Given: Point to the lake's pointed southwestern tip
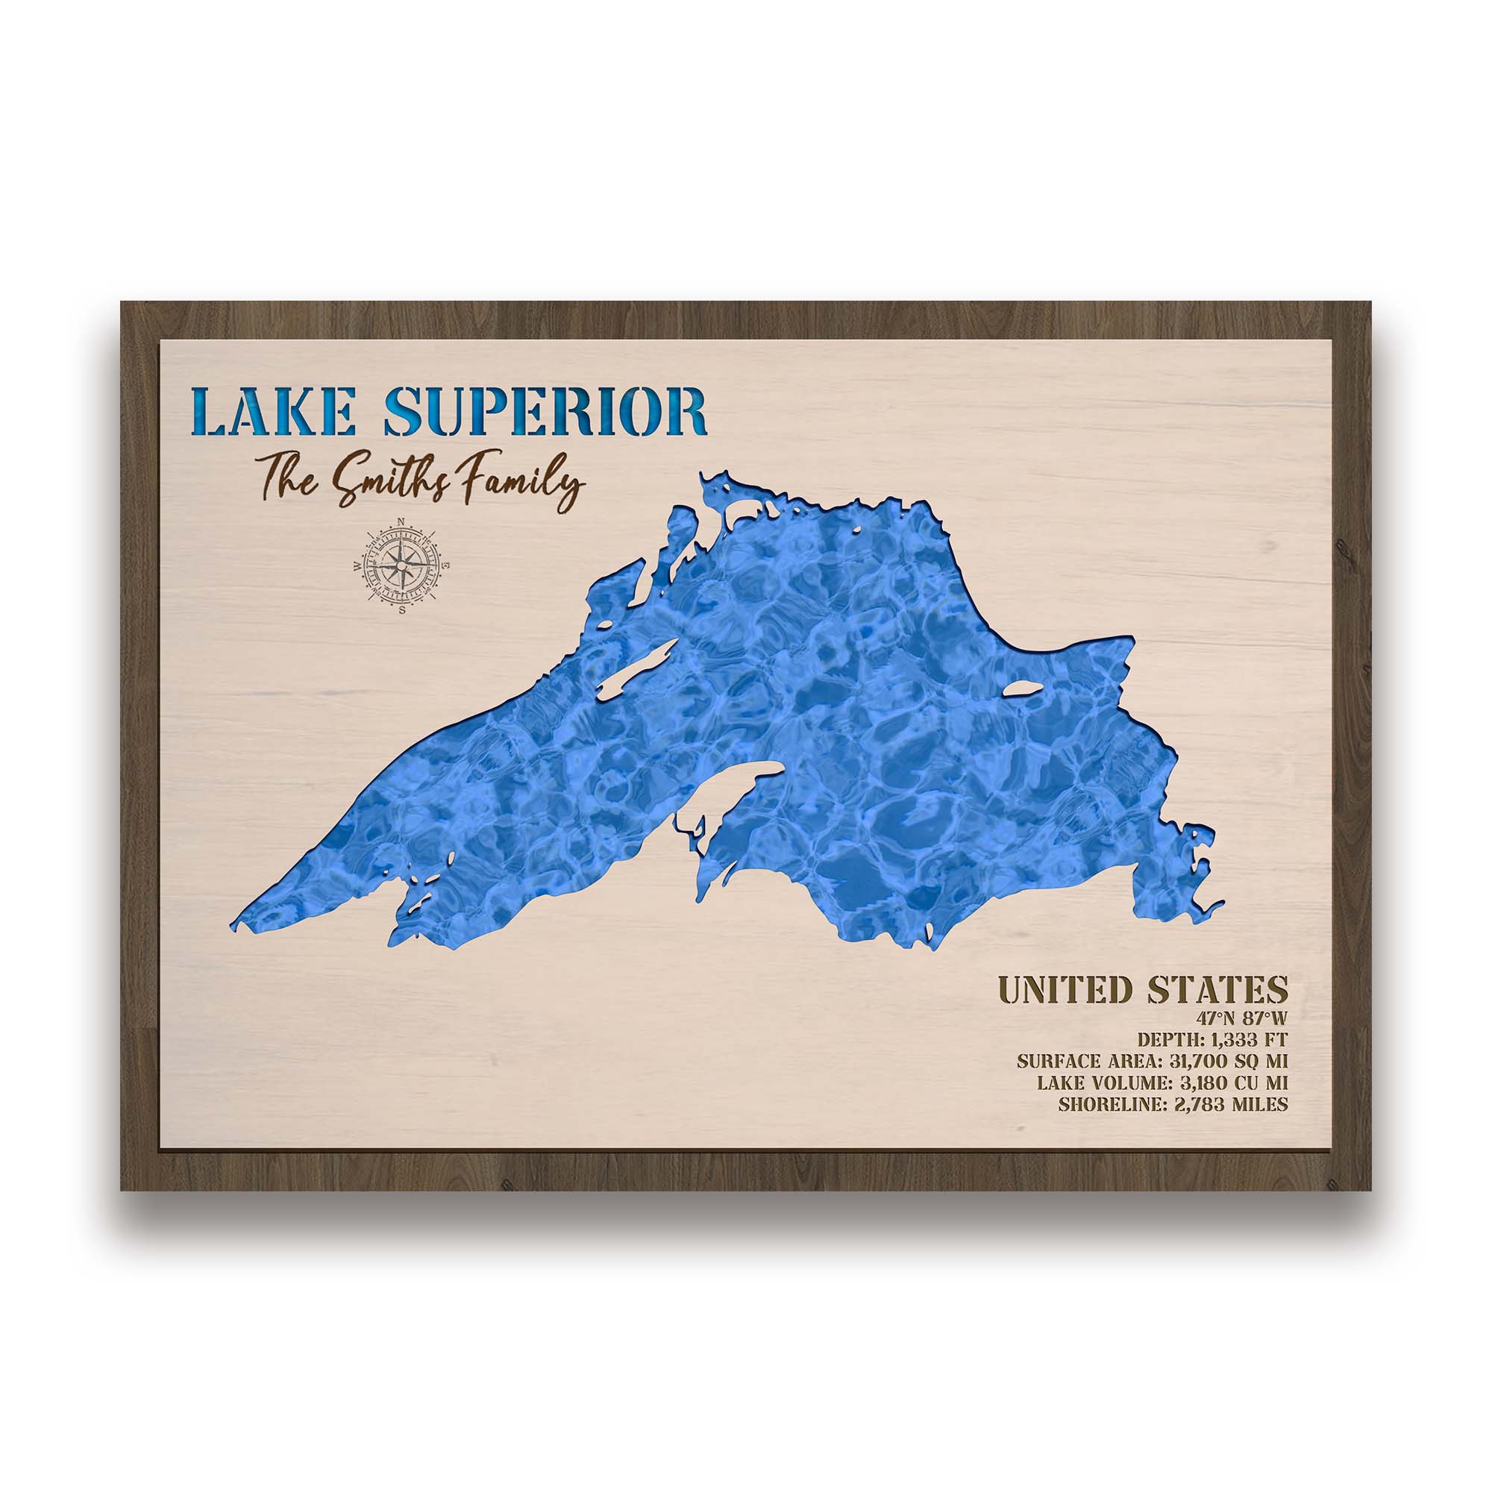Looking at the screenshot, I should tap(236, 924).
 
